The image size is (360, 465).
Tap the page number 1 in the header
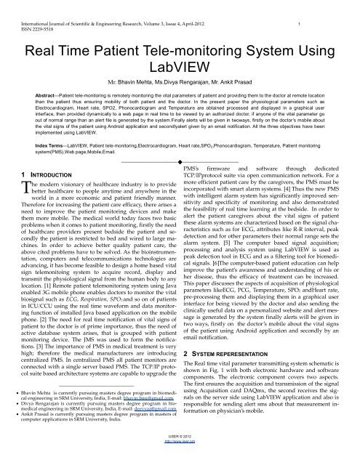(340, 6)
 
